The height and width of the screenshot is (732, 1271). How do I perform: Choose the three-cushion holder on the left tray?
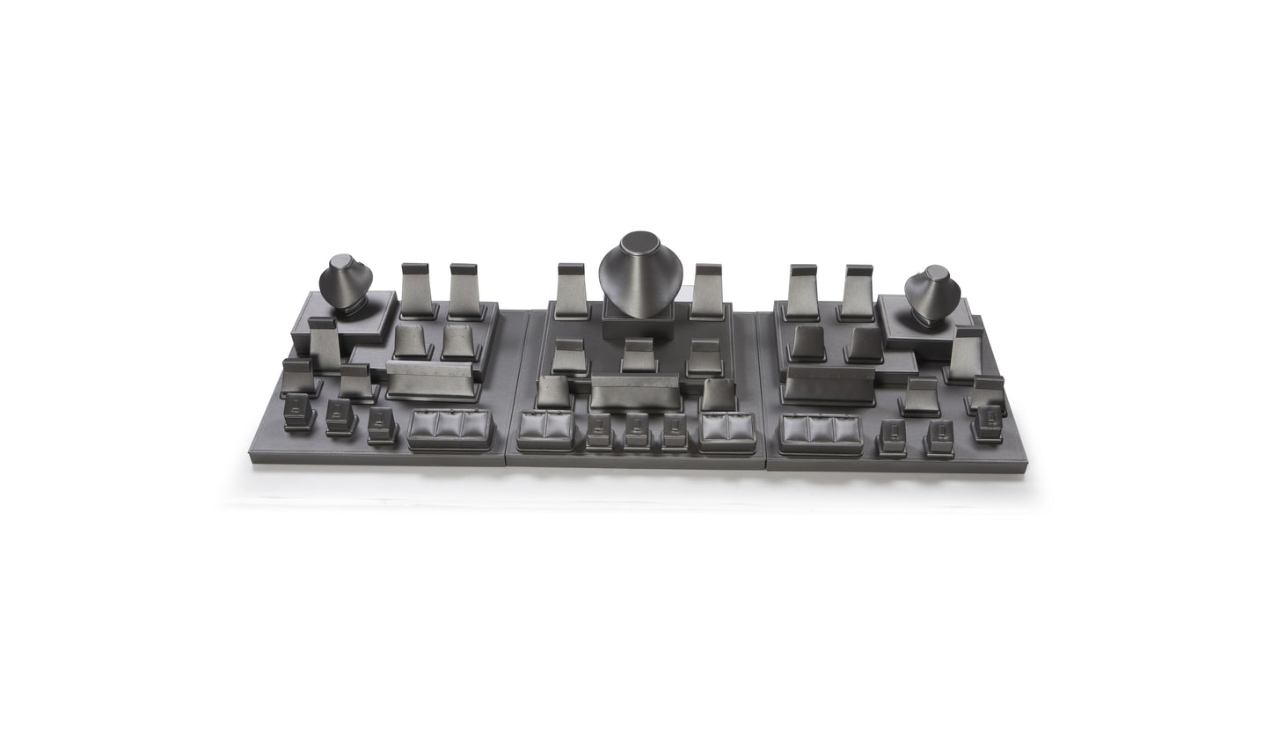click(x=450, y=428)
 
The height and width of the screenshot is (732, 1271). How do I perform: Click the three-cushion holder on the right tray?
click(x=820, y=433)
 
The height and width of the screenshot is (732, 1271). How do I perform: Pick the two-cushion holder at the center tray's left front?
click(x=544, y=429)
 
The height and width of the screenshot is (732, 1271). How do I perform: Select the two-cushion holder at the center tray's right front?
click(x=727, y=431)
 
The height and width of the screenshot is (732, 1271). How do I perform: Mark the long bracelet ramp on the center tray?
click(x=635, y=392)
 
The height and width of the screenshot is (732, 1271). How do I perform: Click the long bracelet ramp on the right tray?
click(x=829, y=384)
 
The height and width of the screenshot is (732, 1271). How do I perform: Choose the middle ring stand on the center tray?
click(x=637, y=428)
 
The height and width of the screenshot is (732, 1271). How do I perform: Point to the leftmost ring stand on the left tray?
click(x=299, y=411)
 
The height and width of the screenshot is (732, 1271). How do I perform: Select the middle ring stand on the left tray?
click(x=340, y=416)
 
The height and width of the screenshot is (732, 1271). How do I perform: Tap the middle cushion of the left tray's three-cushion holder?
click(x=450, y=425)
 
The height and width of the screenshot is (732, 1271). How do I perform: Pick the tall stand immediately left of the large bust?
click(x=572, y=291)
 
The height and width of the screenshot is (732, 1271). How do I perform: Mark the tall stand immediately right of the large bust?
click(x=706, y=291)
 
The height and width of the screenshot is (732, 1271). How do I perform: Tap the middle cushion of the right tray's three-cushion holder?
click(x=820, y=429)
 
